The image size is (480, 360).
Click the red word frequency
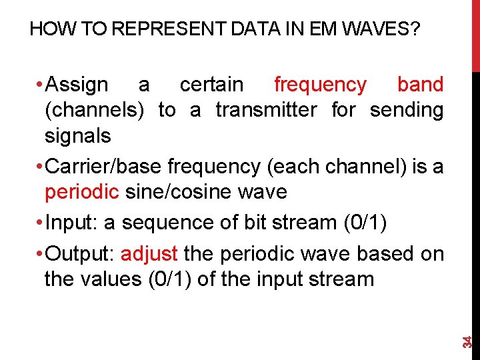(x=320, y=85)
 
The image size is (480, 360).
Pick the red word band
(x=420, y=85)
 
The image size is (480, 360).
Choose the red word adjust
(x=149, y=254)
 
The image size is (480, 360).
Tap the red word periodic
(x=81, y=192)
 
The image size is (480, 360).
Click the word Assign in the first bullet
(x=78, y=85)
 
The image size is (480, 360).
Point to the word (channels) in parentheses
(x=94, y=110)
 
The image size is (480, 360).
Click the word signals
(x=77, y=136)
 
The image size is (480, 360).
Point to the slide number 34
(x=468, y=341)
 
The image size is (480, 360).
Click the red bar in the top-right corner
(x=475, y=33)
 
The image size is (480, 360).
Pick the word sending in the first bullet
(x=406, y=110)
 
